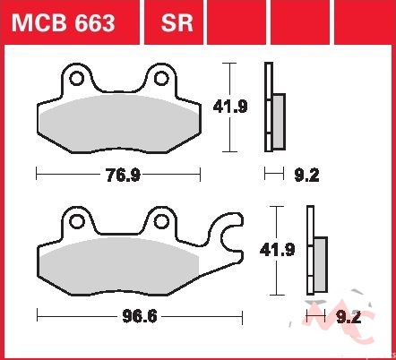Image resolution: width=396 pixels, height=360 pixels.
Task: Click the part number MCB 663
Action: coord(63,23)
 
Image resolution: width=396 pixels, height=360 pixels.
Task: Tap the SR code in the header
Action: coord(176,23)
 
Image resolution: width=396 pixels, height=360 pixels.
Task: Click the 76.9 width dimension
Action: coord(123,175)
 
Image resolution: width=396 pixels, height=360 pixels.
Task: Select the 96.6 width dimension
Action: coord(140,316)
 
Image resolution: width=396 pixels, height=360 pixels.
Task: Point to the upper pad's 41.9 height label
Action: coord(230,107)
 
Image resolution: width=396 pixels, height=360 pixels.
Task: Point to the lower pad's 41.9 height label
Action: coord(277,250)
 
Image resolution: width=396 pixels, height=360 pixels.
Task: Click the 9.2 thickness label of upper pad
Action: coord(306,175)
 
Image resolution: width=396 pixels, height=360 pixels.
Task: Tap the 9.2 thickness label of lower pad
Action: coord(349,317)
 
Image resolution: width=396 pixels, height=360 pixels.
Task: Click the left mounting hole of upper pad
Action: coord(76,79)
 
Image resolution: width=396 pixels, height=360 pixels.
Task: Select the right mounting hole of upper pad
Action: coord(161,79)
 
